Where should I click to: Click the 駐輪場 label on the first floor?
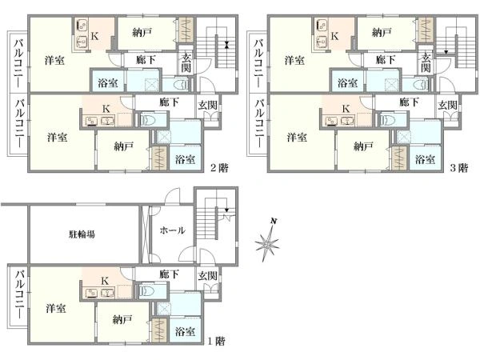point(82,234)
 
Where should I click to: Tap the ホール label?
point(172,230)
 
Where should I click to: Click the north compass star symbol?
point(267,243)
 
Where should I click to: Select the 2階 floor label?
point(219,168)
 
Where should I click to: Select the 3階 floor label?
point(459,168)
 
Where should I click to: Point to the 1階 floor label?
point(217,341)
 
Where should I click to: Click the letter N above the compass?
point(274,221)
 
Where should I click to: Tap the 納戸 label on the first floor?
point(122,320)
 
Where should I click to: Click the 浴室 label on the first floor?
point(185,331)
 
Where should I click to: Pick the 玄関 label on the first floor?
point(207,275)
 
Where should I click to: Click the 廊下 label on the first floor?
point(169,274)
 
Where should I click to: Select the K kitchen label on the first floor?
point(105,281)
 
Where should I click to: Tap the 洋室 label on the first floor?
point(56,308)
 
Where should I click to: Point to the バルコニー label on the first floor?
point(19,294)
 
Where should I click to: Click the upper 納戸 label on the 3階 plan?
point(382,32)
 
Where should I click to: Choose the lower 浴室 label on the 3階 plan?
point(425,159)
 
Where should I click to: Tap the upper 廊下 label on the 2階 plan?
point(146,59)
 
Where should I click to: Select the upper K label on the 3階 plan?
point(334,36)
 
